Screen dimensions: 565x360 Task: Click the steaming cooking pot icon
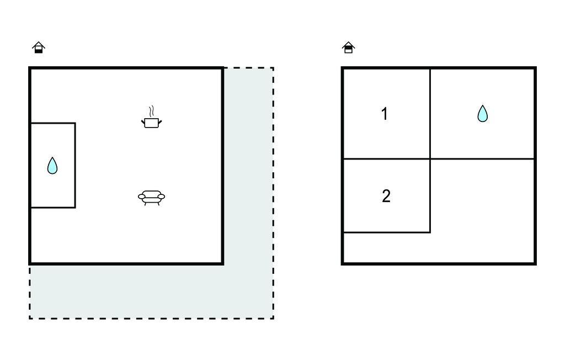point(151,118)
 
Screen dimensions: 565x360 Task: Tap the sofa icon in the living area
point(151,198)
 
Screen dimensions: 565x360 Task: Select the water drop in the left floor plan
point(52,166)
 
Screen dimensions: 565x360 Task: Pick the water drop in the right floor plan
point(482,114)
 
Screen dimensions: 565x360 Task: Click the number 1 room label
point(385,114)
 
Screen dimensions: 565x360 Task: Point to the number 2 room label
point(386,196)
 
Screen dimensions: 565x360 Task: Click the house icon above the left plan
point(39,47)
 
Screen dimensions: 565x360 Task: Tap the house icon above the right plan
point(349,47)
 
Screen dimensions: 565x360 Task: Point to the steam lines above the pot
point(152,111)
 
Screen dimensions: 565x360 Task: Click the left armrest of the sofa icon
point(142,197)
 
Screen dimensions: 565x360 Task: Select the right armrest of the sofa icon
point(162,197)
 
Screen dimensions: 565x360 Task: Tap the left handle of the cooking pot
point(143,123)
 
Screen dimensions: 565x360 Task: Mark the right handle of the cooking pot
point(160,123)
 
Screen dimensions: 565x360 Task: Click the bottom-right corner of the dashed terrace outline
point(274,319)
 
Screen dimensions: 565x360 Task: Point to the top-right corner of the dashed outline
point(274,67)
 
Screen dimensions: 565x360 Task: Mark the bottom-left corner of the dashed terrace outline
point(30,319)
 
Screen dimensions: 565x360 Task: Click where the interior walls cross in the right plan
point(430,158)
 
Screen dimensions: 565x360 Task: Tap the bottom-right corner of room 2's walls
point(430,232)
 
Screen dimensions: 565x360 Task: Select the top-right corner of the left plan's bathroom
point(75,123)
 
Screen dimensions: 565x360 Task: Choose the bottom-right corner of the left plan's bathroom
point(75,208)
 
